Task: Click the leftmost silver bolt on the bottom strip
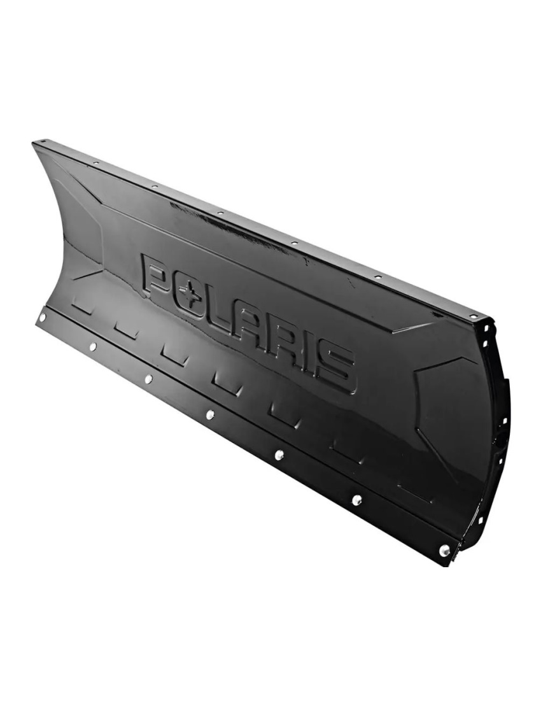click(42, 317)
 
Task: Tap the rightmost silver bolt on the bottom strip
click(444, 549)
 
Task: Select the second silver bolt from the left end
click(92, 346)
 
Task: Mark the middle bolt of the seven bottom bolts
click(209, 414)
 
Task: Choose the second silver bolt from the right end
click(356, 500)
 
